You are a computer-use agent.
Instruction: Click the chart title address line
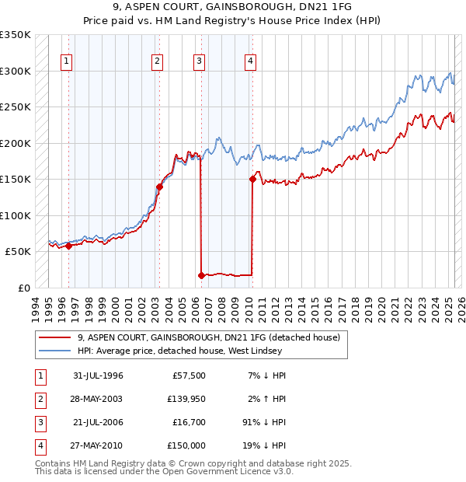tap(232, 7)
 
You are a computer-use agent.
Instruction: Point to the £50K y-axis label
tap(18, 251)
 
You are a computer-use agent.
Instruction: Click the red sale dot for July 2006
tap(201, 275)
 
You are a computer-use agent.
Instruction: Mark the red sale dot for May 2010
tap(252, 179)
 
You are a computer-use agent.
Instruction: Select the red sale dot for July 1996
tap(68, 246)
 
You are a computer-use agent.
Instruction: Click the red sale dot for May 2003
tap(159, 187)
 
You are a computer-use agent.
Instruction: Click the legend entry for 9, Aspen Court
tap(208, 338)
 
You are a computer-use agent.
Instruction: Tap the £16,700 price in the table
tap(189, 422)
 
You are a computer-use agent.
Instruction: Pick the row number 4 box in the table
tap(40, 445)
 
